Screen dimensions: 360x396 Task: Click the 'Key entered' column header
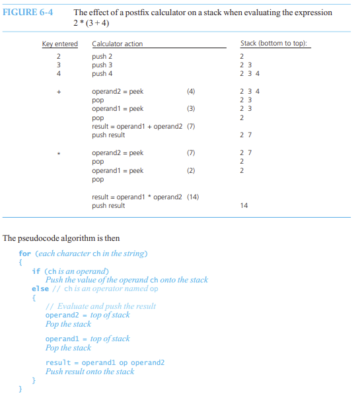pyautogui.click(x=59, y=44)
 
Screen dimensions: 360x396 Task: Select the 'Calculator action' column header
pyautogui.click(x=118, y=44)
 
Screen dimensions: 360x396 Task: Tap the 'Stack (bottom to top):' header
pyautogui.click(x=276, y=44)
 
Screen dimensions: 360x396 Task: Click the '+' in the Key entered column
pyautogui.click(x=59, y=91)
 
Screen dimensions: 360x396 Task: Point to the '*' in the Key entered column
pyautogui.click(x=59, y=153)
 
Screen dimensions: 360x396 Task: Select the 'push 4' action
pyautogui.click(x=103, y=73)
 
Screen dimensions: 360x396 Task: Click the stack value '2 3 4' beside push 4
pyautogui.click(x=250, y=73)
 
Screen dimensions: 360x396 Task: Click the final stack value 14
pyautogui.click(x=244, y=205)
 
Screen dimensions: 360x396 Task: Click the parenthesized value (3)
pyautogui.click(x=191, y=108)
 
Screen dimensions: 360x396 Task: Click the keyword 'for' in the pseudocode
pyautogui.click(x=24, y=253)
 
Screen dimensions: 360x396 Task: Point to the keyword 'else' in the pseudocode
pyautogui.click(x=39, y=288)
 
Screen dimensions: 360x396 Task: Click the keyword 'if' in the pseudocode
pyautogui.click(x=36, y=271)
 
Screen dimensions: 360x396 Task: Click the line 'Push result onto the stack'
pyautogui.click(x=90, y=372)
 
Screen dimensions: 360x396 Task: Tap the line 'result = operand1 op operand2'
pyautogui.click(x=105, y=363)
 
